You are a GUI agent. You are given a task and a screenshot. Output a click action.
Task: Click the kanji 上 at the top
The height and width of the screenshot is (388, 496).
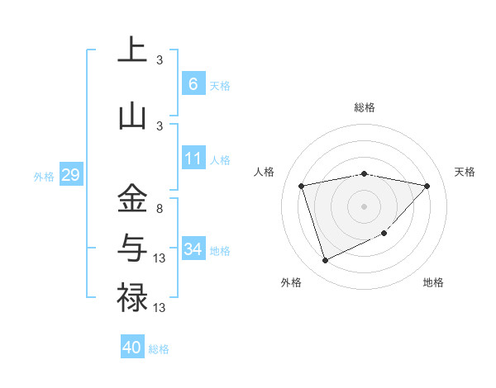click(132, 50)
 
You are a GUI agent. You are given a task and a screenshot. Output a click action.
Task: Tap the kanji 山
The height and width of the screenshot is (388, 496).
click(132, 116)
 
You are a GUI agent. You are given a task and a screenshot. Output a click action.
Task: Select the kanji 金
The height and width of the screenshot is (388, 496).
click(132, 199)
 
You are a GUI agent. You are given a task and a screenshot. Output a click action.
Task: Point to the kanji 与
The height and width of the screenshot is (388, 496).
click(132, 248)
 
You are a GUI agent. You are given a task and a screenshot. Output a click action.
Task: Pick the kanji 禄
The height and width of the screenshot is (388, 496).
click(132, 296)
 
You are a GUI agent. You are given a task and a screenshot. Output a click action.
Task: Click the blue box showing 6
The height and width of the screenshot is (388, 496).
click(193, 83)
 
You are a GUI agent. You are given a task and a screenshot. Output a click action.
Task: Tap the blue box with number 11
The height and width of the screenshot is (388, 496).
click(193, 159)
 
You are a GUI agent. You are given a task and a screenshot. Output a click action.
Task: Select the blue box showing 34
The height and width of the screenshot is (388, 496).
click(193, 248)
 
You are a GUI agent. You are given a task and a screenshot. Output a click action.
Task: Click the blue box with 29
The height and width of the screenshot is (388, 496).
click(70, 175)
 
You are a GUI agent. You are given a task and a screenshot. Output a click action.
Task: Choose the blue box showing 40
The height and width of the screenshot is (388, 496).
click(132, 348)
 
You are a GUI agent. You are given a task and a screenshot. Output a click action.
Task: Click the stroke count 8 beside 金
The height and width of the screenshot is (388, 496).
click(160, 209)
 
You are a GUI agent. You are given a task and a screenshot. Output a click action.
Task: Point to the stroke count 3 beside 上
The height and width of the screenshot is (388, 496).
click(160, 60)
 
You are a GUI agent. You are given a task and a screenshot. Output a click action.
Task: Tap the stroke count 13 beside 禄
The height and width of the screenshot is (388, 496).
click(160, 307)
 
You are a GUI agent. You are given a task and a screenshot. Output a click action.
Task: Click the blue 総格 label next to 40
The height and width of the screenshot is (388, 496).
click(159, 349)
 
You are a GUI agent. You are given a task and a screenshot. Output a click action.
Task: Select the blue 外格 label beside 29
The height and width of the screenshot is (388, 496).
click(43, 177)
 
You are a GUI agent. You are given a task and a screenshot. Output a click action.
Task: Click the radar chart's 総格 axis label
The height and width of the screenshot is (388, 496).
click(364, 107)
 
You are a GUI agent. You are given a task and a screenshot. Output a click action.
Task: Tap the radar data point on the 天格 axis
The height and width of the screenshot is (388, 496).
click(427, 187)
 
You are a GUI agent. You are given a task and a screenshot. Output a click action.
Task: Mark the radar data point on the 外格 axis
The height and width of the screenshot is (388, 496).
click(325, 261)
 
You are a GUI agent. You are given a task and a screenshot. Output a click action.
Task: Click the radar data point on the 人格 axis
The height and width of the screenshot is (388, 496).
click(302, 187)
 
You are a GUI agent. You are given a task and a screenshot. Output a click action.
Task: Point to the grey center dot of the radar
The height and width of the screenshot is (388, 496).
click(364, 206)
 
